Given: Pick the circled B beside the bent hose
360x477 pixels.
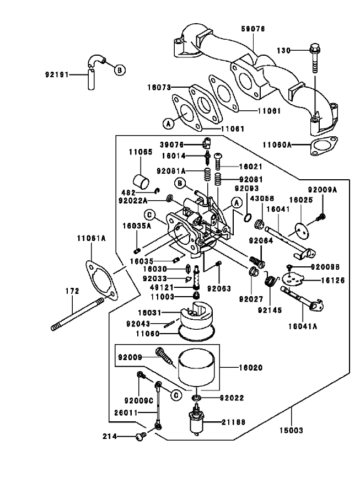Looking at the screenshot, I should click(120, 69).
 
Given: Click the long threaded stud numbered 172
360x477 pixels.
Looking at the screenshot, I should click(78, 315).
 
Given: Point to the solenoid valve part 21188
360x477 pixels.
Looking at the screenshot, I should click(196, 424).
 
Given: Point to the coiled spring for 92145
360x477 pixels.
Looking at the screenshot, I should click(270, 280).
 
